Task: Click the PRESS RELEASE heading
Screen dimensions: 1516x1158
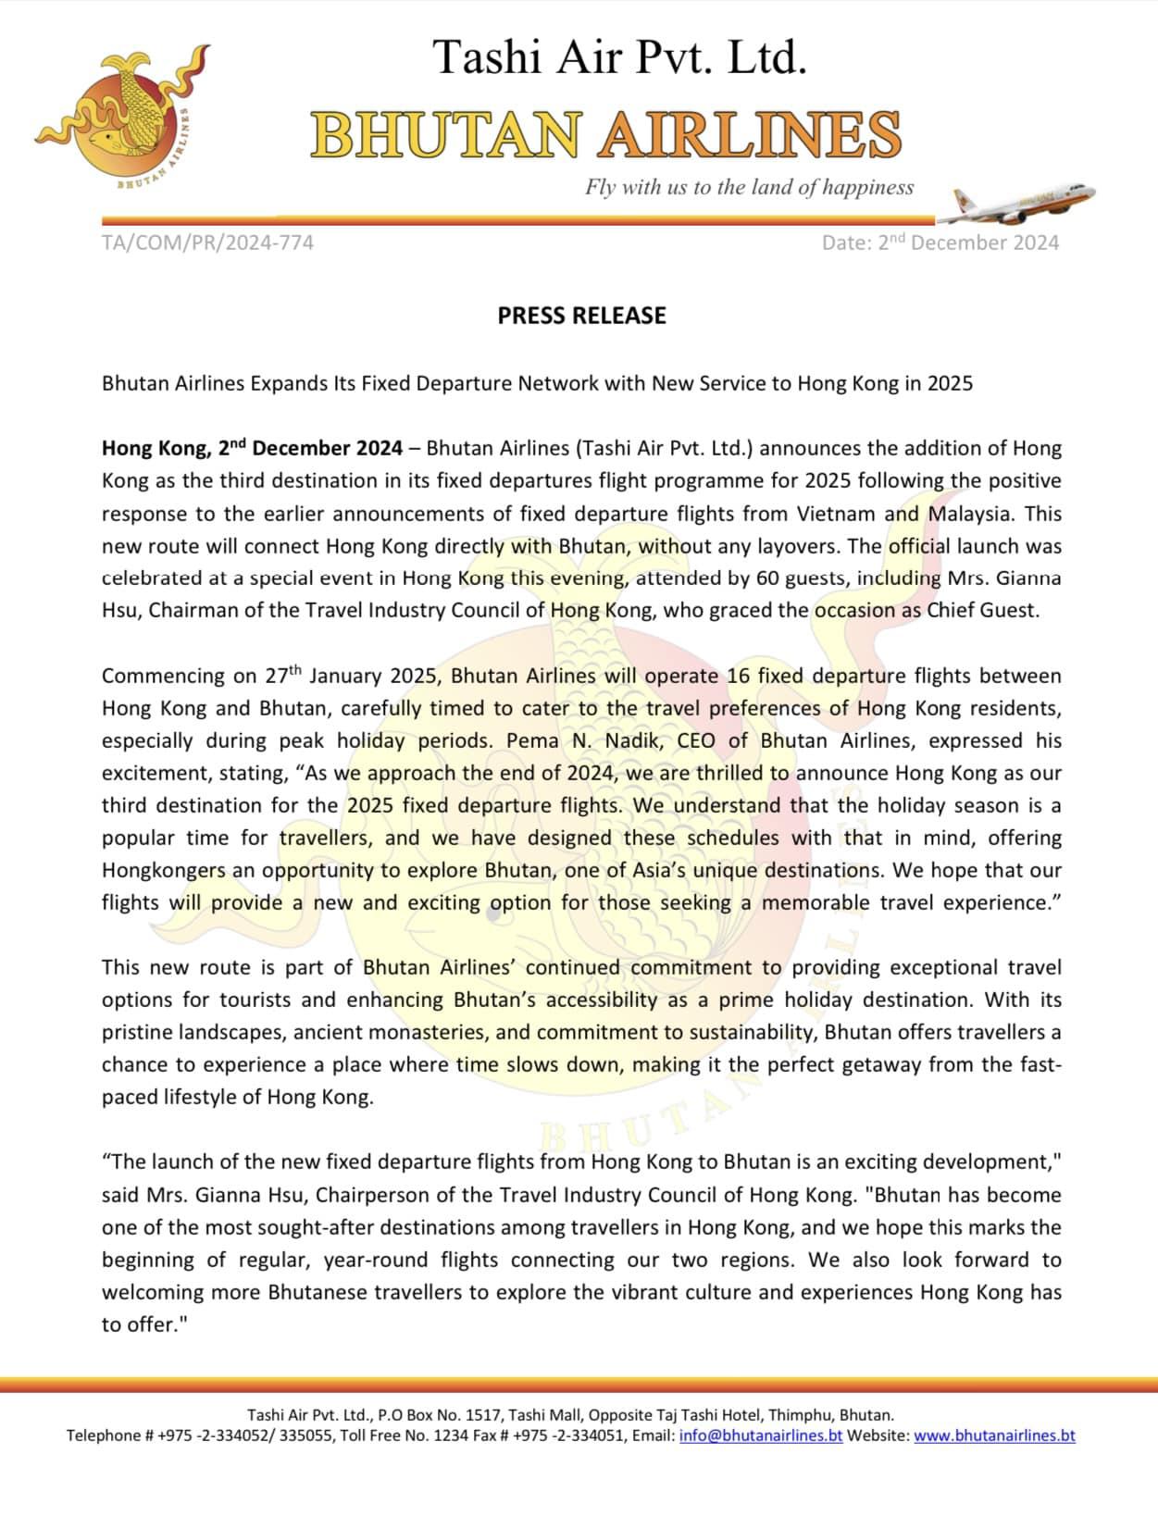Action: (x=581, y=316)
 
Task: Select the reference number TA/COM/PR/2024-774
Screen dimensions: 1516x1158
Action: (x=207, y=242)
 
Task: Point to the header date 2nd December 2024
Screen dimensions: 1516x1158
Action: (x=940, y=242)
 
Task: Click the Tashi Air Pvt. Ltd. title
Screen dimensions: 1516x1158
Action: (x=620, y=57)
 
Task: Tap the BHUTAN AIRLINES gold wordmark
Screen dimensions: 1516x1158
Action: (x=605, y=135)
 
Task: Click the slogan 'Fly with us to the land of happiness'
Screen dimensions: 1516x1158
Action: (x=748, y=187)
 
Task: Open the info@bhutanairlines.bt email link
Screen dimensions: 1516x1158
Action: (x=760, y=1435)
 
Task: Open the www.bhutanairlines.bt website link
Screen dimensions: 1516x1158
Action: (x=994, y=1435)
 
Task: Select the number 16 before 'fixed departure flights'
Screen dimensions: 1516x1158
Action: (x=738, y=676)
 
